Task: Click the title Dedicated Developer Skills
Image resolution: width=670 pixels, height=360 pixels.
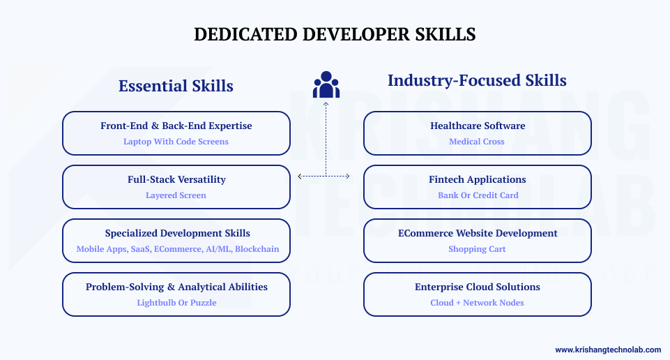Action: click(335, 34)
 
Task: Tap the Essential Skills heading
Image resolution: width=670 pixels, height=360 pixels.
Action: click(176, 86)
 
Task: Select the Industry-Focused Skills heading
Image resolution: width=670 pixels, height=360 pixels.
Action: click(477, 80)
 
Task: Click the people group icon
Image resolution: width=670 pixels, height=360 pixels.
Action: click(326, 84)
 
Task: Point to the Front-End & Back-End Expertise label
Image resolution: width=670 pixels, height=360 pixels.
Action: click(176, 126)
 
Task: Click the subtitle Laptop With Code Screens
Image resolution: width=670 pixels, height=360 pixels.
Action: click(176, 142)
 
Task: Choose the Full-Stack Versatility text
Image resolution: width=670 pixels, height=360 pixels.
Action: click(176, 179)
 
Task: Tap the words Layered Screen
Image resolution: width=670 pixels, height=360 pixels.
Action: click(176, 195)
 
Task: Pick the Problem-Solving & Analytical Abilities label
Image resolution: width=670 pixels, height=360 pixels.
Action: click(176, 287)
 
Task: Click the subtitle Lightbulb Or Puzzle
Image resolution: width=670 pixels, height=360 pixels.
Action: click(176, 303)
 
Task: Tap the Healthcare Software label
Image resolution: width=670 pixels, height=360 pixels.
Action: click(478, 126)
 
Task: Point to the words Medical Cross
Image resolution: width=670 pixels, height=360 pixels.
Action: click(478, 142)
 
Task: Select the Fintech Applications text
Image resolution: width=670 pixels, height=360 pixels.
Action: click(478, 179)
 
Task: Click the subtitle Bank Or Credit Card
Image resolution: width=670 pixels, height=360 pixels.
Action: click(478, 195)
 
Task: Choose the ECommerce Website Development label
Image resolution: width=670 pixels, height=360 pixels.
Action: click(478, 233)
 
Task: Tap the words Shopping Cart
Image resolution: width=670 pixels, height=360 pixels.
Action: click(478, 249)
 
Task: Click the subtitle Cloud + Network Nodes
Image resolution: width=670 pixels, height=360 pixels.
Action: click(478, 303)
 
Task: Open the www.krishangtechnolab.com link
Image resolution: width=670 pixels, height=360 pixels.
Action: click(607, 350)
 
